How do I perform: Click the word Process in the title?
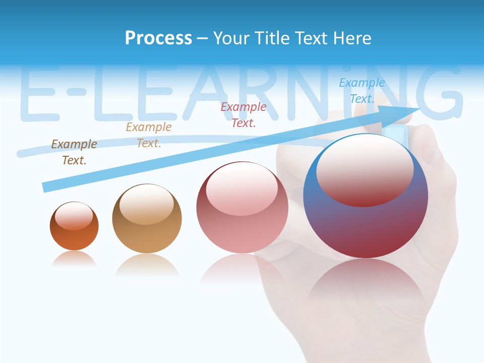point(158,38)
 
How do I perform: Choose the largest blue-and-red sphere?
point(366,227)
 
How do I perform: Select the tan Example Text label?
point(149,135)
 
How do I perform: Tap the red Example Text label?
point(244,114)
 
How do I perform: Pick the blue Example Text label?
point(362,91)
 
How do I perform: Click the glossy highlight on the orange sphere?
point(74,216)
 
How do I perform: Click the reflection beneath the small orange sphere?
point(74,259)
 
